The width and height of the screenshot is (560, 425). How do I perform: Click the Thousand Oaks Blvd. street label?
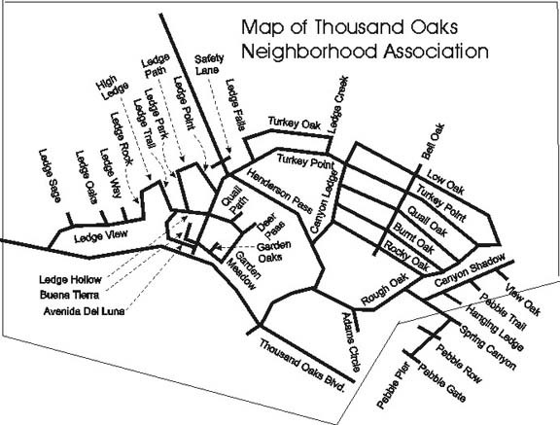[302, 366]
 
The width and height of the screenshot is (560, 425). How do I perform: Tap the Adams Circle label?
[352, 342]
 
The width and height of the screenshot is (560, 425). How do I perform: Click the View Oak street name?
[522, 300]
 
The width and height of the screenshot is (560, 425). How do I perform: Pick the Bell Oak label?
[433, 141]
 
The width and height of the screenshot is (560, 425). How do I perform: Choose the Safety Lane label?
[209, 64]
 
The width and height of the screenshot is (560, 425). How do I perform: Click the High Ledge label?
[112, 88]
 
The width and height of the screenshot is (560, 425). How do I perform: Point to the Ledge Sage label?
[50, 176]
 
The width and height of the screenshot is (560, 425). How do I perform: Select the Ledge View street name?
[101, 236]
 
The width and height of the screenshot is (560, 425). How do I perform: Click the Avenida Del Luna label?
[84, 311]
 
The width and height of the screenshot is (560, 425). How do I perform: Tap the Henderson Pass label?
[280, 191]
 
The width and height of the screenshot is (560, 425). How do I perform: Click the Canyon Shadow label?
[470, 269]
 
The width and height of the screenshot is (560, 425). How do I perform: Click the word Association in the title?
[437, 52]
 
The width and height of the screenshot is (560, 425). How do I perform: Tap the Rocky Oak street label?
[406, 256]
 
